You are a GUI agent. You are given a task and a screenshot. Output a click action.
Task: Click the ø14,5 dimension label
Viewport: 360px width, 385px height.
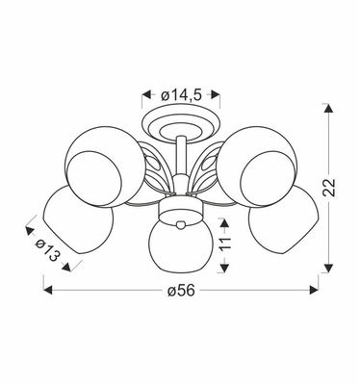[x=181, y=94]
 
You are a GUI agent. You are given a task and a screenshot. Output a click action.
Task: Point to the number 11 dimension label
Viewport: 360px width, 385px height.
[x=223, y=245]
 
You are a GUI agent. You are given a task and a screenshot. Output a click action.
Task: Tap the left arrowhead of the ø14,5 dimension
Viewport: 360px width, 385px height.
[x=146, y=94]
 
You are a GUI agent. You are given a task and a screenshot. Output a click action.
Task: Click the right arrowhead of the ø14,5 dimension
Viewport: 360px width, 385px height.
[x=216, y=94]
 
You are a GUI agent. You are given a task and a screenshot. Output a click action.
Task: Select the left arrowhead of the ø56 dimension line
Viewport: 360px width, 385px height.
[x=46, y=286]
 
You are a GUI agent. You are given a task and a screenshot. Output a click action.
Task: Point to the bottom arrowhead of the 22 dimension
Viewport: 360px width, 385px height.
[x=331, y=267]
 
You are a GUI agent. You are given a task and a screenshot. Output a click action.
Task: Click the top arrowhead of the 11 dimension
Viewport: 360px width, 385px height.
[x=223, y=221]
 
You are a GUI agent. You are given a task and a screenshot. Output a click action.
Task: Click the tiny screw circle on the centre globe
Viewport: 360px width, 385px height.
[x=180, y=226]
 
